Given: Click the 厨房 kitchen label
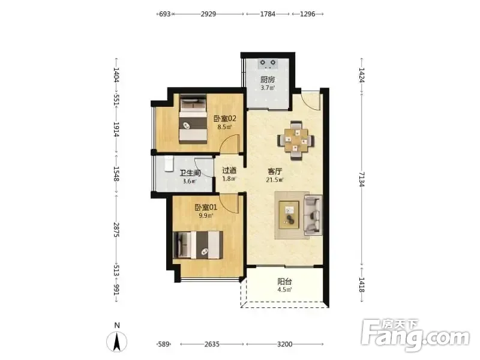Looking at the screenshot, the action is tap(268, 80).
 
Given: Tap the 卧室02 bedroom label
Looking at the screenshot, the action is tap(225, 118).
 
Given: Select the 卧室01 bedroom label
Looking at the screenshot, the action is tap(206, 208).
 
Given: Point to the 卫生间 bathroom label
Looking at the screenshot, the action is tap(190, 173).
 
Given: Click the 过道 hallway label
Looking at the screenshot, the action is tap(229, 170).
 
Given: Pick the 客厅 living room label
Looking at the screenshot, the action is tap(275, 172).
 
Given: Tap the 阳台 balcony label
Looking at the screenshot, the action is tap(284, 281).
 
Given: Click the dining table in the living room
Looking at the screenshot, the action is tap(296, 140).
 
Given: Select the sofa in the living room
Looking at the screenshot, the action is tap(313, 215).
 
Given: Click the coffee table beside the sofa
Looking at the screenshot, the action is tap(289, 215).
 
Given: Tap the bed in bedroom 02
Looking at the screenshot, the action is tap(193, 119).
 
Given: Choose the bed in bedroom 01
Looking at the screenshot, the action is tap(198, 245).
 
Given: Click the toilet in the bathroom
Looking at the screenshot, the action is tap(169, 164).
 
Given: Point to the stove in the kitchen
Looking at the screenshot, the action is tap(268, 64).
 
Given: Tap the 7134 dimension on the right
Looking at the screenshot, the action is tap(362, 179).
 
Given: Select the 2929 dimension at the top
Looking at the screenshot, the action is tap(208, 14).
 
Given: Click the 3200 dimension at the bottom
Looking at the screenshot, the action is tap(284, 344).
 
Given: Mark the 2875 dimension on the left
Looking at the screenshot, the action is tap(116, 230).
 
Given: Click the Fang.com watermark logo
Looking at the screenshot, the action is tap(415, 335).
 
